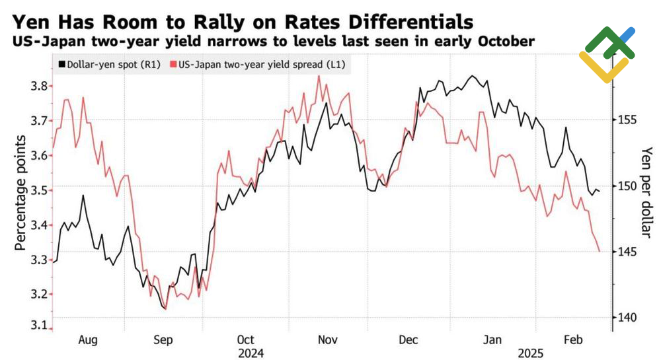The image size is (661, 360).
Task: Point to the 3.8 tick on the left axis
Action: (x=39, y=86)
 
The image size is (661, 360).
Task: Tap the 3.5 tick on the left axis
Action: (x=39, y=190)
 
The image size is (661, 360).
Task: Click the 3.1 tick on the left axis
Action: (x=39, y=325)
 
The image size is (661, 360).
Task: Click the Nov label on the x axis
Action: (x=329, y=340)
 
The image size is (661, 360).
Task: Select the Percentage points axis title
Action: (x=20, y=192)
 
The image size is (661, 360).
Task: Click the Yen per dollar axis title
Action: (x=647, y=192)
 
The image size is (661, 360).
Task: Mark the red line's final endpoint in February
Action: (x=600, y=252)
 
